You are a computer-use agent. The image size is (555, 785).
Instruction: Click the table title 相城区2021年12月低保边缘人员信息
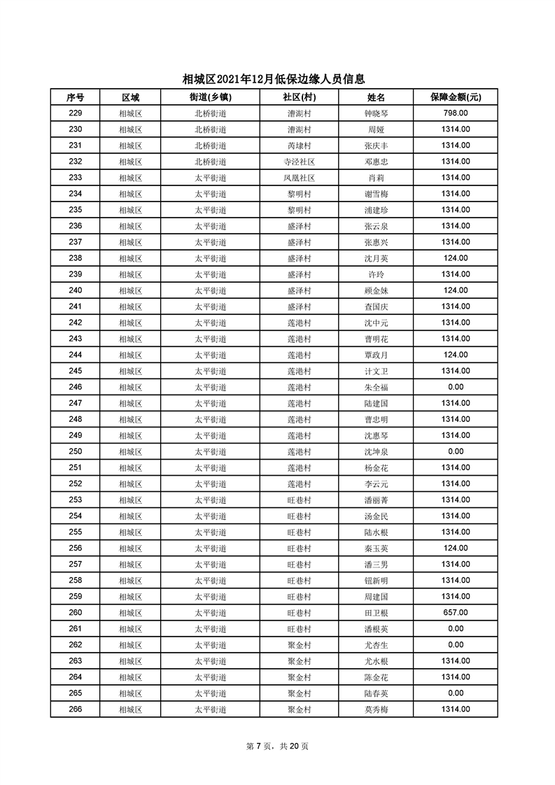tap(274, 80)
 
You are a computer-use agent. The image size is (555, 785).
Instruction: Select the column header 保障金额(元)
tap(455, 97)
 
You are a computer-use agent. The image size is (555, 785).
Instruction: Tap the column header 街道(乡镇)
tap(210, 97)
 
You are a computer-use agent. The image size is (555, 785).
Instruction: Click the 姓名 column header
tap(376, 97)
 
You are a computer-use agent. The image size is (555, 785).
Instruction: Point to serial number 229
tap(76, 113)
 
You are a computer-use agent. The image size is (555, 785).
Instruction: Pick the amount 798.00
tap(455, 113)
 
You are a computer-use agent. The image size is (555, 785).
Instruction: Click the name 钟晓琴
tap(376, 113)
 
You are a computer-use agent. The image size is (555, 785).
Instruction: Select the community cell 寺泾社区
tap(299, 162)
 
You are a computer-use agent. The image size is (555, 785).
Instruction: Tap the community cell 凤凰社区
tap(299, 178)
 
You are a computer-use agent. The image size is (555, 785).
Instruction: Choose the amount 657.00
tap(455, 612)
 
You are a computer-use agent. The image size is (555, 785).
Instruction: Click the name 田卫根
tap(376, 612)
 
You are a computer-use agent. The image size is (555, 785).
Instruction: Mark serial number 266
tap(76, 709)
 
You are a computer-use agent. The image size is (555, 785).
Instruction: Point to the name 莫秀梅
tap(376, 709)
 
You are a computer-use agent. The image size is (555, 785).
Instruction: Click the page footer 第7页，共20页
tap(277, 746)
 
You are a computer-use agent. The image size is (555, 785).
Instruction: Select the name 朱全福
tap(376, 387)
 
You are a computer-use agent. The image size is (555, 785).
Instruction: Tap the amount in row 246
tap(455, 387)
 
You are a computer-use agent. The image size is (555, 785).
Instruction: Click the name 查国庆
tap(376, 306)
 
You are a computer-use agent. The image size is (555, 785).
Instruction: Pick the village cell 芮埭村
tap(299, 146)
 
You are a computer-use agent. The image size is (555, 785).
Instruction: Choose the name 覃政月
tap(376, 355)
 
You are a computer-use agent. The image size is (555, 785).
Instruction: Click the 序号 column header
tap(76, 97)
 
